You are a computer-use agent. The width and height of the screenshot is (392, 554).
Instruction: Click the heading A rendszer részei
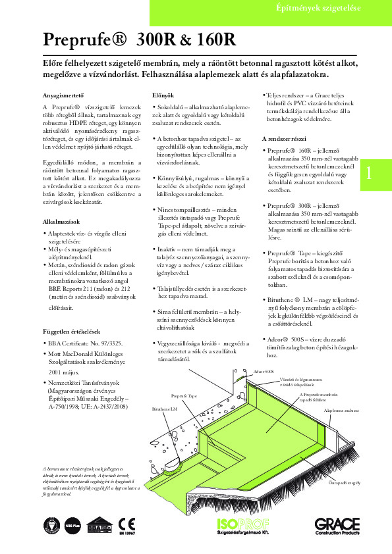point(288,139)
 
